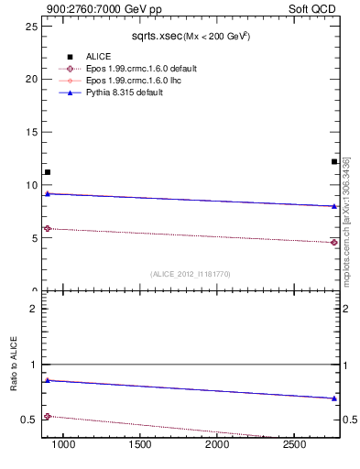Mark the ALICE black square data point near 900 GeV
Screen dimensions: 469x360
click(48, 172)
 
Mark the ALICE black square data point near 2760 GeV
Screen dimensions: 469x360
click(334, 162)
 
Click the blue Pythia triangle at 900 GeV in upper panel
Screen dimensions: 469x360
click(48, 193)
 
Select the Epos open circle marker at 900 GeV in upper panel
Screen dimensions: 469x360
click(48, 228)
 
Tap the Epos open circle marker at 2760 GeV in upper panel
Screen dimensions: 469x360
click(334, 243)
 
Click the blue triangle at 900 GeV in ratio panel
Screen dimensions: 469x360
click(48, 380)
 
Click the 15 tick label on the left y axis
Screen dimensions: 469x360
click(31, 132)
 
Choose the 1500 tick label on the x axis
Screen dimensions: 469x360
click(140, 445)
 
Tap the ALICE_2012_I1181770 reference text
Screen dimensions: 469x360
click(190, 274)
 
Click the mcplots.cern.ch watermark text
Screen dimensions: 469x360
click(346, 220)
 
